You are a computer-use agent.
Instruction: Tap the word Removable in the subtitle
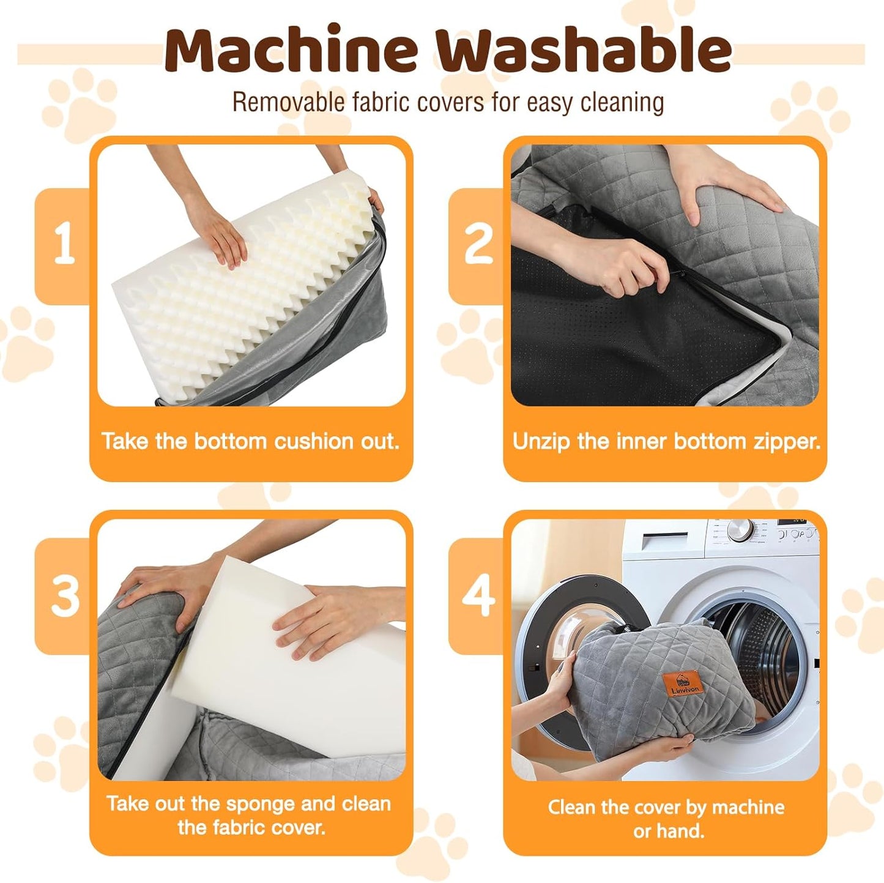[289, 102]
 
